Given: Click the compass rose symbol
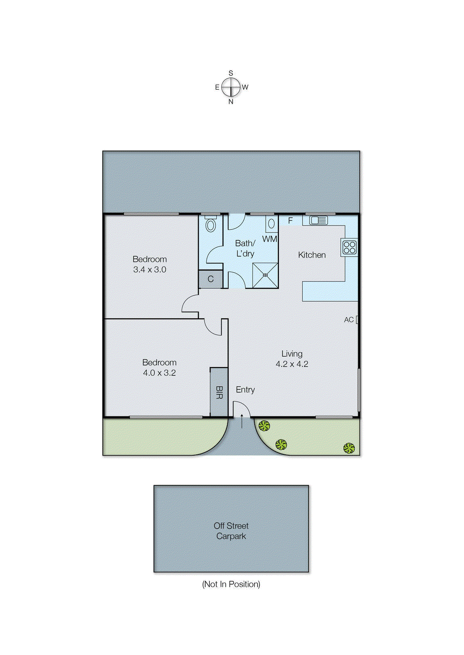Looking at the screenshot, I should coord(231,87).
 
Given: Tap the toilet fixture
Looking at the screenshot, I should coord(210,224).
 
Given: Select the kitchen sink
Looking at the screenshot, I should coord(319,221).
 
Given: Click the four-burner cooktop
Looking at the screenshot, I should coord(349,247).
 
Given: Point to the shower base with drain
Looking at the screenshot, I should coord(265,275).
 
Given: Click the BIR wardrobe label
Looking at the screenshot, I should coord(219,393).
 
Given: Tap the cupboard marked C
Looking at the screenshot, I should coord(210,279).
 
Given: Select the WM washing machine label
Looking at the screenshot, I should coord(269,239).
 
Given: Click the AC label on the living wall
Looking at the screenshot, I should coord(349,320).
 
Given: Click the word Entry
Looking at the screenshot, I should coord(245,390).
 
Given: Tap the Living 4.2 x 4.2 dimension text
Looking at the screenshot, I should coord(292,364).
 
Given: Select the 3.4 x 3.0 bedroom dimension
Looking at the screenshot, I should coord(150,269).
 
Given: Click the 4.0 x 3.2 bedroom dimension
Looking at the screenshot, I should coord(159,373).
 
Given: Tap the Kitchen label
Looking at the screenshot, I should coord(312,255).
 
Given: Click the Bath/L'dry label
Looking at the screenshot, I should coord(245,248).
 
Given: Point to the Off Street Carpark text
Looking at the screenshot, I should coord(231,531).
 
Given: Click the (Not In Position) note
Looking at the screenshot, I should coord(231,584).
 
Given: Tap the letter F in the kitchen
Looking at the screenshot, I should coord(290,221).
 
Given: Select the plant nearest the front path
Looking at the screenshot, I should coord(264,426).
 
